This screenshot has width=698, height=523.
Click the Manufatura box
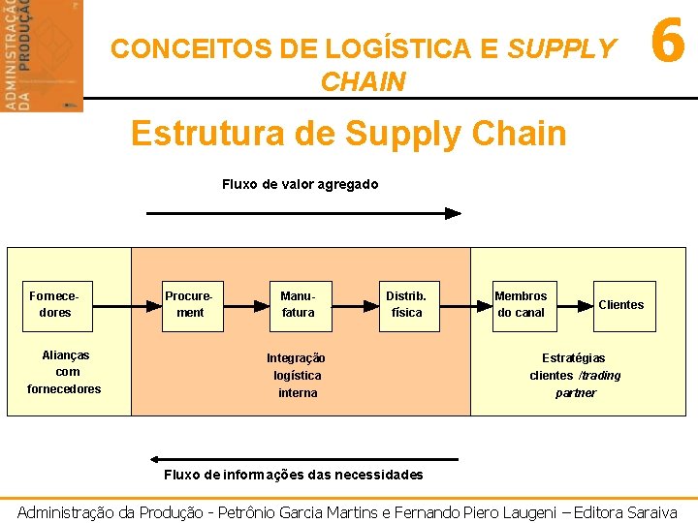(x=298, y=304)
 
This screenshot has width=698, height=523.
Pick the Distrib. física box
(x=405, y=304)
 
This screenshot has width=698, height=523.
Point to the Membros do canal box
(x=521, y=304)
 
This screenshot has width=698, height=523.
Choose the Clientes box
(x=620, y=304)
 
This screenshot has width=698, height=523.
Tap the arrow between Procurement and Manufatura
(x=243, y=304)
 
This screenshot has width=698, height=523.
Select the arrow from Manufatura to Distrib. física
(x=352, y=304)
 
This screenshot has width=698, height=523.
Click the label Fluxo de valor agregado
(x=300, y=184)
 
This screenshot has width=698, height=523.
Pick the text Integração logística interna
(x=297, y=375)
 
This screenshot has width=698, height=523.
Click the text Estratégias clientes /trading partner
(x=575, y=375)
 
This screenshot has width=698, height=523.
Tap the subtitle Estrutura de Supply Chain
(x=348, y=133)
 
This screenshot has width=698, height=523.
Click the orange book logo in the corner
(x=42, y=55)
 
